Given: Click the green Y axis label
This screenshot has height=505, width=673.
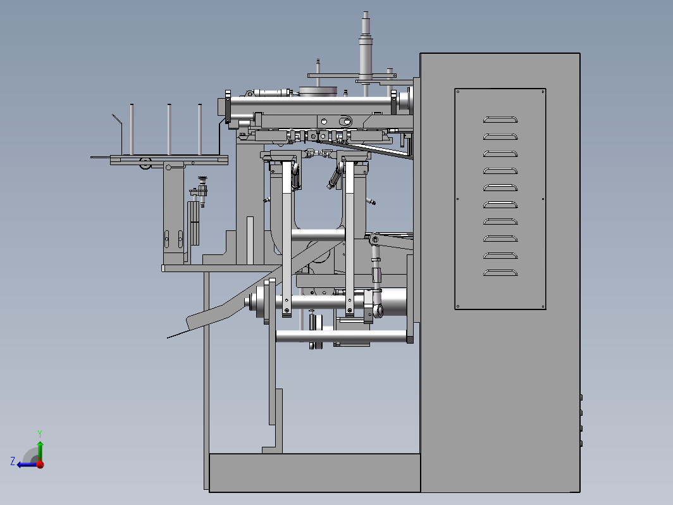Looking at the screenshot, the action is coord(39,433).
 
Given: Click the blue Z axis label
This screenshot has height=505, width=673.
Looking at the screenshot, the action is coord(13,461).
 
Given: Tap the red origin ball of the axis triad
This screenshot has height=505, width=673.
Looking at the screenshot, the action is coord(40,464).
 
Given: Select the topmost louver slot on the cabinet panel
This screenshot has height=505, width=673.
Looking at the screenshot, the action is coord(500,120).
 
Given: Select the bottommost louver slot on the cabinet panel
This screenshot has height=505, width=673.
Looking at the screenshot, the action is coord(500,272).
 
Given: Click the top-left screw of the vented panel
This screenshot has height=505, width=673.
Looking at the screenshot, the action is coord(458,92).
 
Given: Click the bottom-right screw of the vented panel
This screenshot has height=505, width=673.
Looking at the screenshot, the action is coord(543,306).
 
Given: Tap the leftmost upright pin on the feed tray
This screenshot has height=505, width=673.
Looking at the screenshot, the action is coord(132,129).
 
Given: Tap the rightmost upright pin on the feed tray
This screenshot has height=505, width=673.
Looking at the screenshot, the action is coord(200,129).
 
